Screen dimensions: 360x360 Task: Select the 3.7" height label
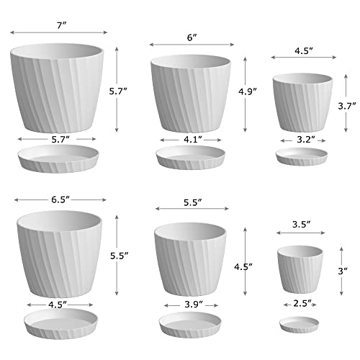click(347, 105)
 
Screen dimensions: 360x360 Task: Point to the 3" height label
click(348, 271)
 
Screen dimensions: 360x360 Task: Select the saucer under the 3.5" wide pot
click(302, 323)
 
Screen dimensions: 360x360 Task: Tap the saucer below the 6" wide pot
click(191, 158)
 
